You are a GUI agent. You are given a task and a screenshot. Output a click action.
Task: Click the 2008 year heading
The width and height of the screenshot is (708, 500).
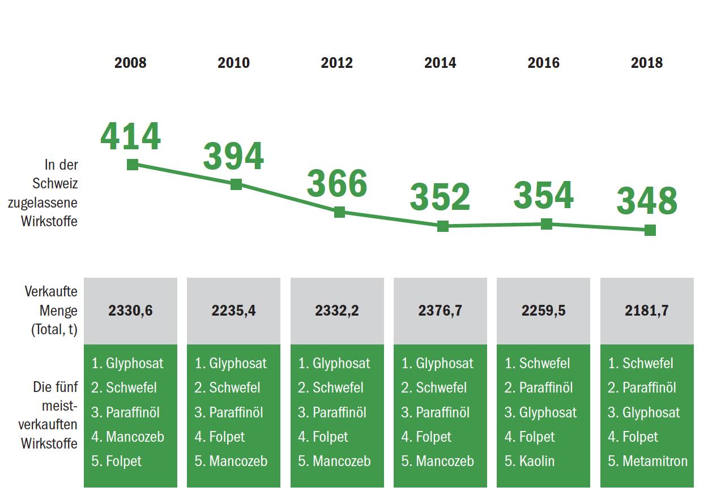130,63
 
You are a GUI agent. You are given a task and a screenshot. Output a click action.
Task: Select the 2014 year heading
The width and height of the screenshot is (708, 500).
440,63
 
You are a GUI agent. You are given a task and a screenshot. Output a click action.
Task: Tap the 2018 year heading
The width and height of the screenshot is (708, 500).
646,63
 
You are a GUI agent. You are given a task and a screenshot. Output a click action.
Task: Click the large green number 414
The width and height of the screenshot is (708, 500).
131,137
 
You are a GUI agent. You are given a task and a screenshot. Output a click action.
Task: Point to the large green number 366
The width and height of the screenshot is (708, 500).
337,184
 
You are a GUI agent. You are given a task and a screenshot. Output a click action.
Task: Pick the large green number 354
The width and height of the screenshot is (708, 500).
543,195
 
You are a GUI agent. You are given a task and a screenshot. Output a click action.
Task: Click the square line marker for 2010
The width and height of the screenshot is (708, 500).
236,184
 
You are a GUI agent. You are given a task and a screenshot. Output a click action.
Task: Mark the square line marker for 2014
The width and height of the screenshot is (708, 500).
443,226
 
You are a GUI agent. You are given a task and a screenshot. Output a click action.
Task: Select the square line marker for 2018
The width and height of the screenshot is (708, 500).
650,230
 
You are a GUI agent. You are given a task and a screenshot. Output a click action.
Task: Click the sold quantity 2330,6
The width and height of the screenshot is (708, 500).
130,311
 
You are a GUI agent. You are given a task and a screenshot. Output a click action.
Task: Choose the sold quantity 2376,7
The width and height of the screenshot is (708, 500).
440,311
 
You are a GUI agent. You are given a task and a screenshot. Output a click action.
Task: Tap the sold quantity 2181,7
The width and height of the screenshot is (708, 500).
646,311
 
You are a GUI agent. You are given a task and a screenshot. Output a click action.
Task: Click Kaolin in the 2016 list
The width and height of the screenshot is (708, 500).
536,462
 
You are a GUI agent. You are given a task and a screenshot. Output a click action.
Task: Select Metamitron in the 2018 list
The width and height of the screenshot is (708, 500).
655,462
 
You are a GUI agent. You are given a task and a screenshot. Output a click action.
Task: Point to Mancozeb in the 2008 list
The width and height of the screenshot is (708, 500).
135,437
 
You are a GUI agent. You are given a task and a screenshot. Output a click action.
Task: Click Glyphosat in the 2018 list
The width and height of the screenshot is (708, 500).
651,412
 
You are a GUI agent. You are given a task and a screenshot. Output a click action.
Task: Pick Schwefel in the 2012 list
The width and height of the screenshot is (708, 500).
338,388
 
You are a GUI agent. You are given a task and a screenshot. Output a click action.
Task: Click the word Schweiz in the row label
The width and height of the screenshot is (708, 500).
55,184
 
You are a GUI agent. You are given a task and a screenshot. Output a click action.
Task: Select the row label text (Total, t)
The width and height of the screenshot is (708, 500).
54,330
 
